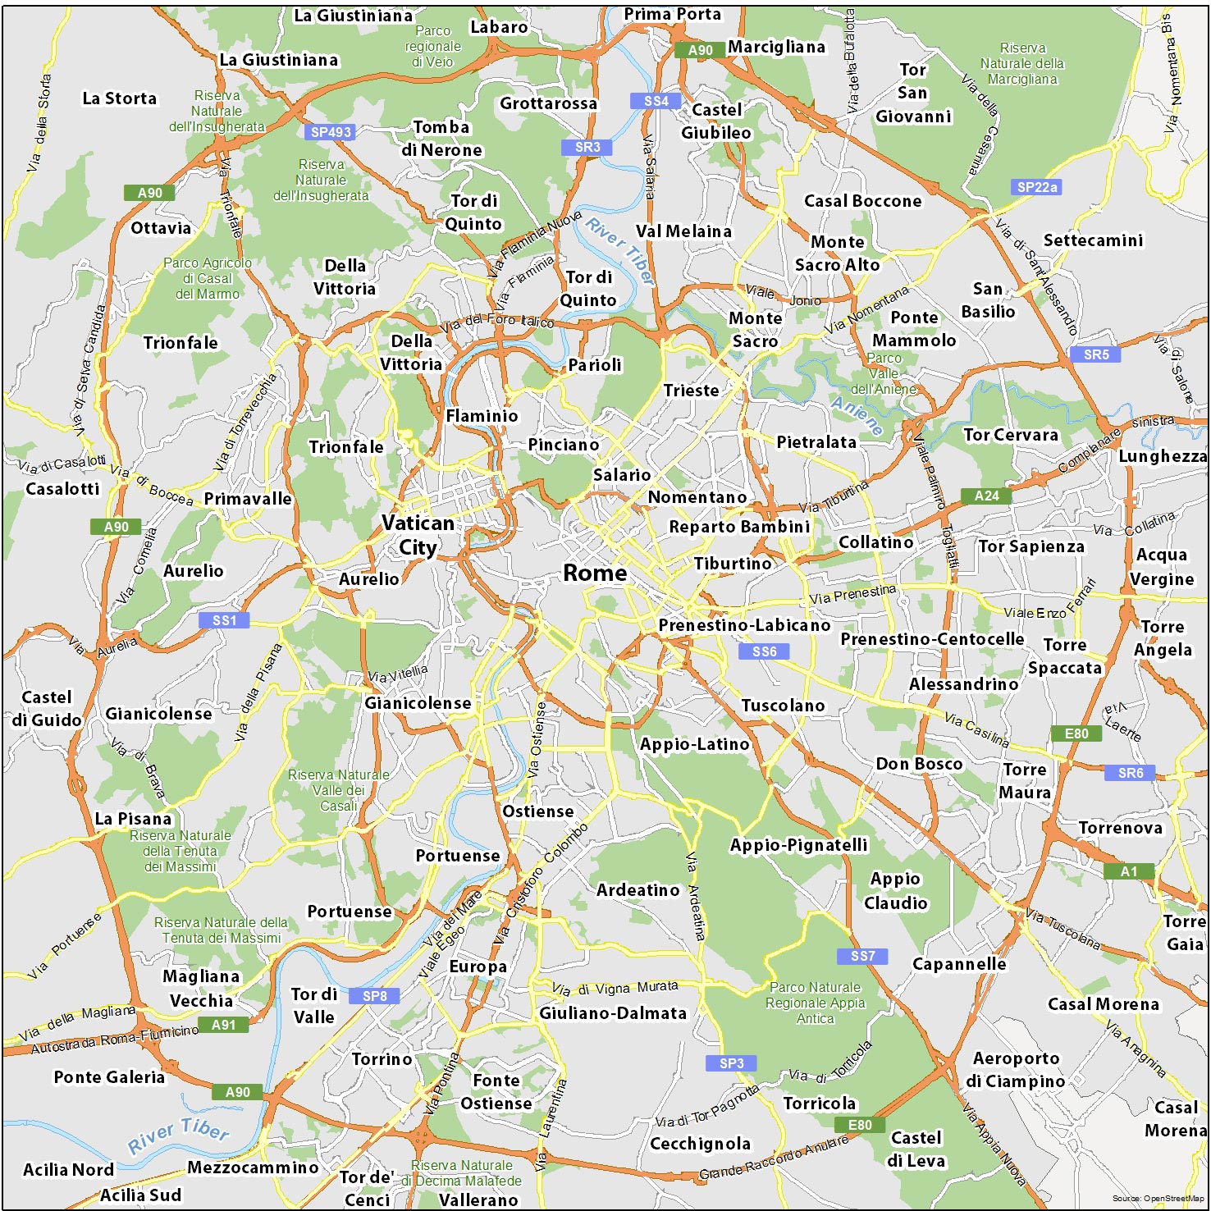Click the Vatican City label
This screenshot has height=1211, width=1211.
pyautogui.click(x=418, y=535)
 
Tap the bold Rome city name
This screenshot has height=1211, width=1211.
pyautogui.click(x=595, y=573)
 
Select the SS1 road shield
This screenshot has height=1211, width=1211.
pyautogui.click(x=224, y=620)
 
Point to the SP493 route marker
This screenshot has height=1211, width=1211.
pyautogui.click(x=331, y=132)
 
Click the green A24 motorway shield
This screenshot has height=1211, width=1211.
pyautogui.click(x=987, y=496)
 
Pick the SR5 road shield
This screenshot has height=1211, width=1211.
pyautogui.click(x=1096, y=354)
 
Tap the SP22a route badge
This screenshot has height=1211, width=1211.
pyautogui.click(x=1037, y=187)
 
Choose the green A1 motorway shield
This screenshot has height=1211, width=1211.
pyautogui.click(x=1129, y=871)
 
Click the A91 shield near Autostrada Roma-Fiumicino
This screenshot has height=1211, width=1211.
pyautogui.click(x=223, y=1025)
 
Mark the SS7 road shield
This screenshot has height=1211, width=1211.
pyautogui.click(x=862, y=956)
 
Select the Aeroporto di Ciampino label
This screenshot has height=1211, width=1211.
pyautogui.click(x=1016, y=1070)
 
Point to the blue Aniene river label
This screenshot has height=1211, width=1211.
pyautogui.click(x=857, y=415)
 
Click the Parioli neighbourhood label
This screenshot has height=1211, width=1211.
pyautogui.click(x=595, y=364)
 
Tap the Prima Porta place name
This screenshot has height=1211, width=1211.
pyautogui.click(x=672, y=14)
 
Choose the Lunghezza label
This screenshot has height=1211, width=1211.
pyautogui.click(x=1163, y=456)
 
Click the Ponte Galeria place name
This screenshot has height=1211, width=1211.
pyautogui.click(x=109, y=1077)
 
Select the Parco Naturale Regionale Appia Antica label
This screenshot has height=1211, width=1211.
pyautogui.click(x=815, y=1003)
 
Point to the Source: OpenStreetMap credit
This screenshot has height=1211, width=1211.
pyautogui.click(x=1158, y=1199)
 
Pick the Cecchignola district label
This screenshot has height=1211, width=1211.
pyautogui.click(x=700, y=1143)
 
